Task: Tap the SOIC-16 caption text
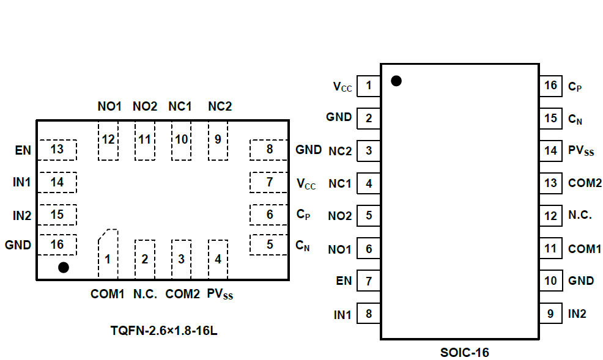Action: point(465,352)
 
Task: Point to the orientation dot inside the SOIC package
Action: point(396,81)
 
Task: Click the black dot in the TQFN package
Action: point(63,267)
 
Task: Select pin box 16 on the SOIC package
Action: point(551,85)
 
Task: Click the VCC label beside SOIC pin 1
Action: point(342,87)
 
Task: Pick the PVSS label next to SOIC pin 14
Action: point(581,150)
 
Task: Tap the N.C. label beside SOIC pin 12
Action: point(580,215)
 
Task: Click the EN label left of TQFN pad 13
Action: point(23,150)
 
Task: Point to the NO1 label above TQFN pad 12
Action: point(109,106)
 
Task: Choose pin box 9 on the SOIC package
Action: point(551,314)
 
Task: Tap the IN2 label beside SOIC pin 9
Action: point(577,314)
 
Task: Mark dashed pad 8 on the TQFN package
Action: point(269,150)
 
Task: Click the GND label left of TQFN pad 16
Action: point(18,244)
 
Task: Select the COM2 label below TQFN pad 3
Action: point(183,294)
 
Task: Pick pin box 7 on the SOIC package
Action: point(368,281)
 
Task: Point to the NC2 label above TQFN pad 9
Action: point(220,106)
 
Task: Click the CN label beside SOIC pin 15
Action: point(575,119)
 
